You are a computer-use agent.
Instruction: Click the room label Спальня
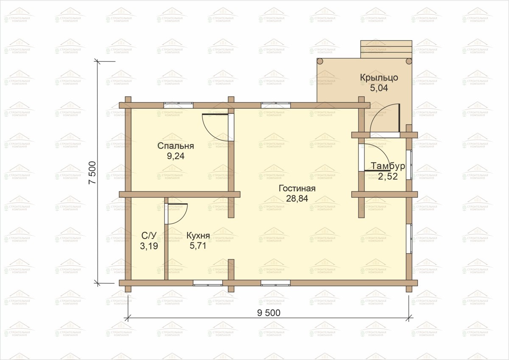(x=176, y=146)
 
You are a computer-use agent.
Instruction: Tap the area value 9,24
(x=176, y=156)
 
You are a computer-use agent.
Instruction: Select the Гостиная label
(x=297, y=188)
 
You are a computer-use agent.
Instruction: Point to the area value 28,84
(x=297, y=199)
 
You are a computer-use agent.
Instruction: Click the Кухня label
(x=198, y=236)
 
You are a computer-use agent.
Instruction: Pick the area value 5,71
(x=198, y=246)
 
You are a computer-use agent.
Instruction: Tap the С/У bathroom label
(x=149, y=236)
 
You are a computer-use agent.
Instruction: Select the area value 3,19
(x=149, y=246)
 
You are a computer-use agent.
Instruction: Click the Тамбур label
(x=388, y=166)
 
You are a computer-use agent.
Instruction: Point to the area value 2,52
(x=388, y=177)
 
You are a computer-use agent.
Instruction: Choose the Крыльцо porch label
(x=379, y=78)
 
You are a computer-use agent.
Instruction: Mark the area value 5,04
(x=379, y=88)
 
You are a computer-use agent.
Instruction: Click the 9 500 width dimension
(x=268, y=313)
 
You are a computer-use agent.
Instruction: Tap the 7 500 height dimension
(x=93, y=172)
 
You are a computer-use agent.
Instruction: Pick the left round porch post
(x=320, y=61)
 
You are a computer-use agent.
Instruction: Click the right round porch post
(x=409, y=61)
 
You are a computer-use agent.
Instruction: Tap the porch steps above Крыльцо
(x=386, y=49)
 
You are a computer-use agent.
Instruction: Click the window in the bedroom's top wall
(x=179, y=105)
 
